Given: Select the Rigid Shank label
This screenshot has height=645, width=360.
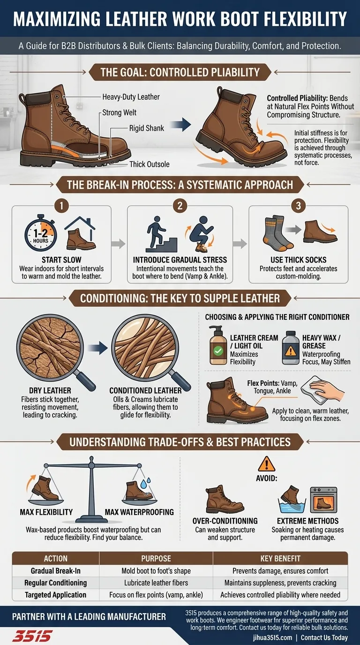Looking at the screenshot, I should [146, 127].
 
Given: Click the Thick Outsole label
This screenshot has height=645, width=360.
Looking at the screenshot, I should [150, 164].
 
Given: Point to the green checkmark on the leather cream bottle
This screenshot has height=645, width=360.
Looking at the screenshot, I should [217, 350].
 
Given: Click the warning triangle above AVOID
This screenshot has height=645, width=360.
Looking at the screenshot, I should [266, 464].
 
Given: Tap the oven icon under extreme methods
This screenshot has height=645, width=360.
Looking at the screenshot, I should [323, 500].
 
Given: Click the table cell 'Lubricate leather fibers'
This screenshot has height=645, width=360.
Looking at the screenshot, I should [156, 583].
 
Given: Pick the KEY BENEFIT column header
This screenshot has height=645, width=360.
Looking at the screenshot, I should [280, 558].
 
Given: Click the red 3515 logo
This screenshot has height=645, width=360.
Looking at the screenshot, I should [32, 636].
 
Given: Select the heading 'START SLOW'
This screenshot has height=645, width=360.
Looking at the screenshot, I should [61, 260].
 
